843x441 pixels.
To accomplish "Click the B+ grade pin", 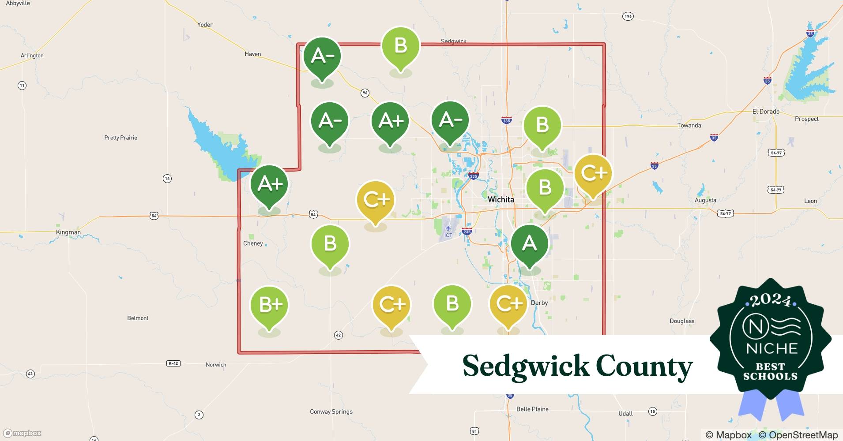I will point(269,305).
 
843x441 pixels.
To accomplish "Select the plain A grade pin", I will point(529,244).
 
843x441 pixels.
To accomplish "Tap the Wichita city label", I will point(501,199).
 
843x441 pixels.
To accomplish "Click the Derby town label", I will point(539,303).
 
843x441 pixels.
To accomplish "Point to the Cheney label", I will point(253,243).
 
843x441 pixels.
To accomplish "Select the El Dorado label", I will point(766,112).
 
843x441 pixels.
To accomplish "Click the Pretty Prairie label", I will point(120,138).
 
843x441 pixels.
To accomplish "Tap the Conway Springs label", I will point(331,411).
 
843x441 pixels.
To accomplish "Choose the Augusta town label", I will point(705,200).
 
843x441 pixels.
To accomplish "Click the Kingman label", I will point(68,232).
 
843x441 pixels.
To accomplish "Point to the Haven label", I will point(252,54).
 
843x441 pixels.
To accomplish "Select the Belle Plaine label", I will point(532,409).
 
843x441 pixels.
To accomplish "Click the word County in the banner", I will point(644,366).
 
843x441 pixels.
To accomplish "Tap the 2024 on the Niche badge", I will point(771,301).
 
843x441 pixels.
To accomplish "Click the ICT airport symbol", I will point(448,228).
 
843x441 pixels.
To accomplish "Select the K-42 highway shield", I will point(173,363).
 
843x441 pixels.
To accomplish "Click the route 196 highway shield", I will point(628,16).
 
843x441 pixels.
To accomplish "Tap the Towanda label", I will point(689,125).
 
